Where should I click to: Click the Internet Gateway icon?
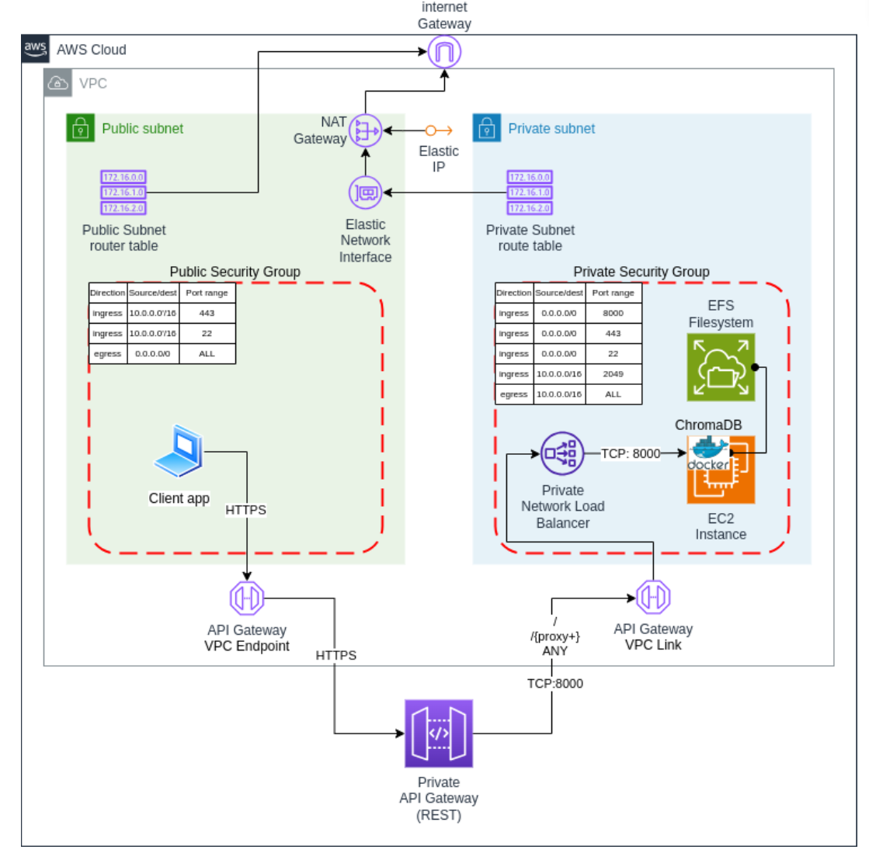pos(444,53)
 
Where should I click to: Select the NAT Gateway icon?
pos(365,131)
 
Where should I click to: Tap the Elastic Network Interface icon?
pos(365,192)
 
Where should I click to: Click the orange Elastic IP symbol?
pos(438,130)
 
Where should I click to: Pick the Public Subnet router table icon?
pos(123,192)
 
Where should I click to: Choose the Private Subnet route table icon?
pos(530,192)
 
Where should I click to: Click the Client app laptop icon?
pos(179,451)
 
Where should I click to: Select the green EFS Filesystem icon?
pos(721,367)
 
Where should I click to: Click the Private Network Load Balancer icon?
pos(561,453)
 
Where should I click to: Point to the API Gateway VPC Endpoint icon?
pos(247,598)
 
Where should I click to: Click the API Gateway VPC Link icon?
pos(653,597)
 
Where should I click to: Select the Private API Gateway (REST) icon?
pos(438,733)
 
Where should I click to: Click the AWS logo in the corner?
pos(35,48)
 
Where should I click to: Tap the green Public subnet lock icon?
pos(80,128)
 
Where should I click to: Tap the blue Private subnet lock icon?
pos(487,128)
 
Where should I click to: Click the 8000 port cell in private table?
pos(613,313)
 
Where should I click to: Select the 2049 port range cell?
pos(613,373)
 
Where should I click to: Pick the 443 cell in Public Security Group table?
pos(207,313)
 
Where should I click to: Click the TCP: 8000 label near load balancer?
pos(631,453)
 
